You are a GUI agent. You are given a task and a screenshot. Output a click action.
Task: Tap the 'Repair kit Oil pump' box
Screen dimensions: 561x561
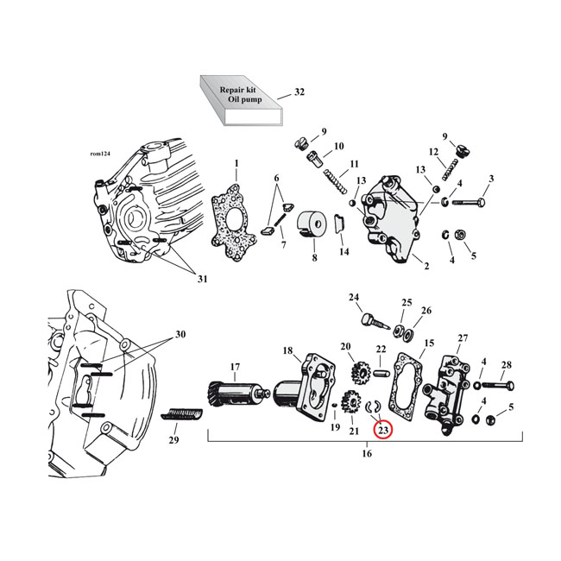pos(242,102)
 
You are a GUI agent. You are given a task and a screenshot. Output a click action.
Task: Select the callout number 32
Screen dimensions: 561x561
pos(299,91)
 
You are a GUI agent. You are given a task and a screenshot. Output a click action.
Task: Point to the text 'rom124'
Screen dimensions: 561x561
pos(100,155)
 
